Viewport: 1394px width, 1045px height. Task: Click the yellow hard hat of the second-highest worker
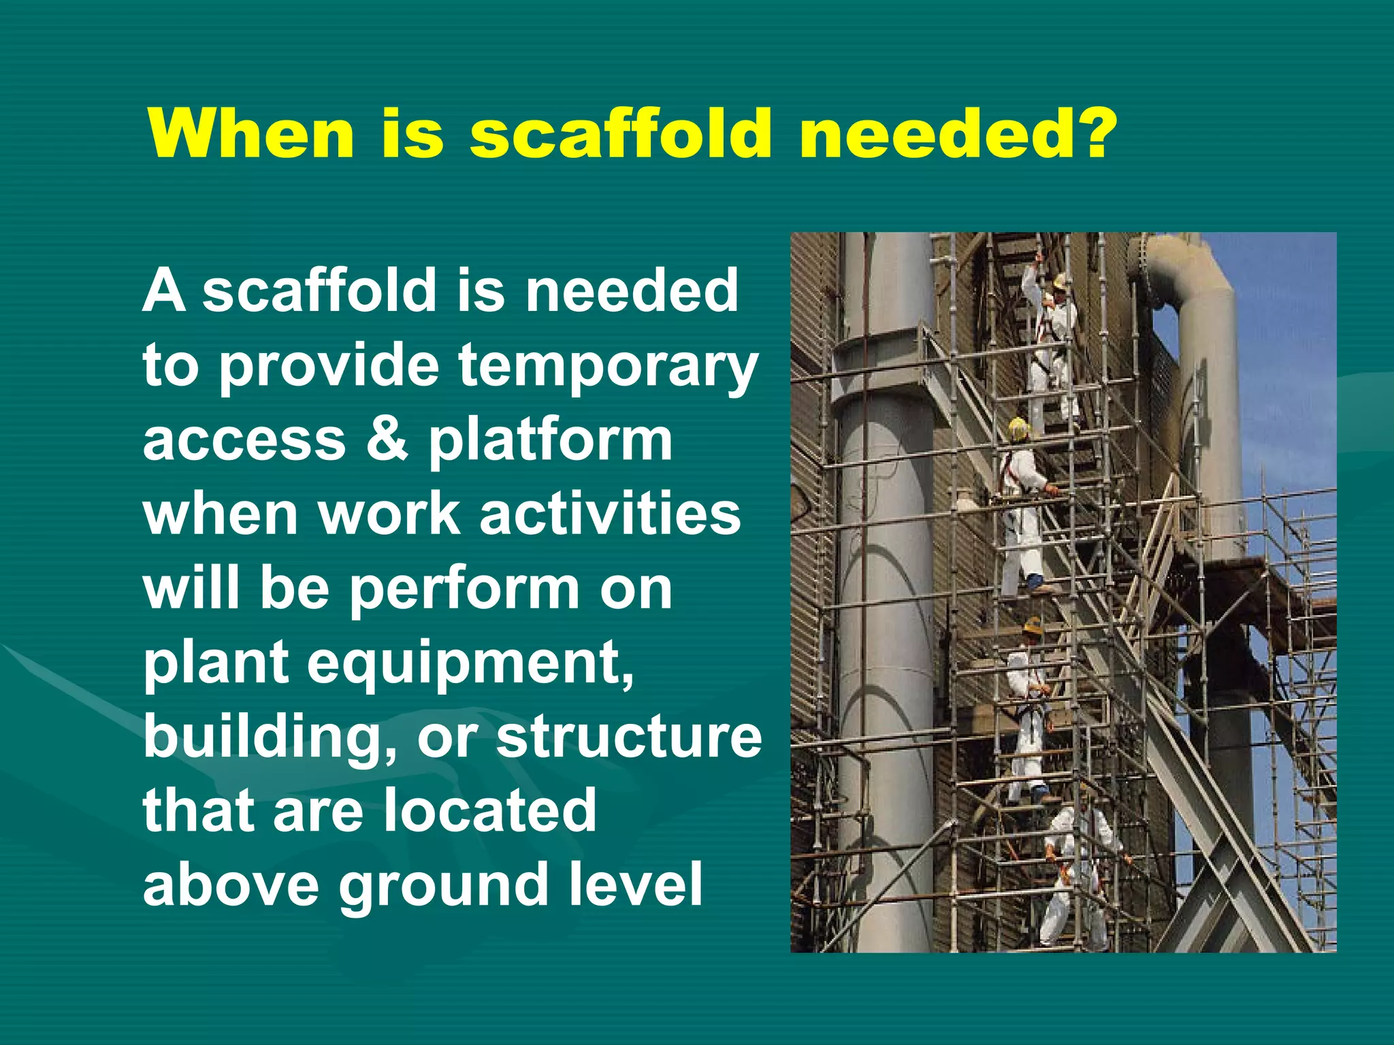pos(1018,428)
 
